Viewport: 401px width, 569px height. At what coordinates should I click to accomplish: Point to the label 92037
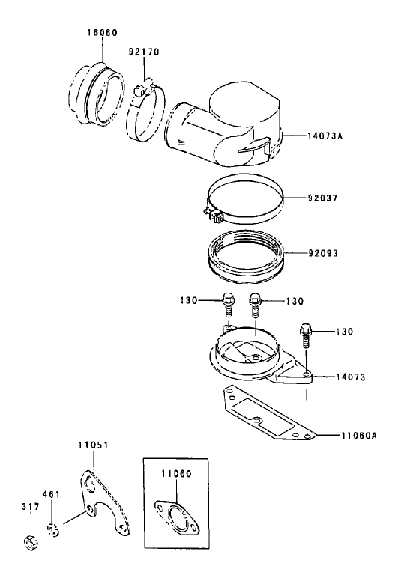(x=323, y=198)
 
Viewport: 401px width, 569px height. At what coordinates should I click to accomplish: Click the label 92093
(x=323, y=253)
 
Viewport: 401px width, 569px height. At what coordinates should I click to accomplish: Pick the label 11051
(x=92, y=444)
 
